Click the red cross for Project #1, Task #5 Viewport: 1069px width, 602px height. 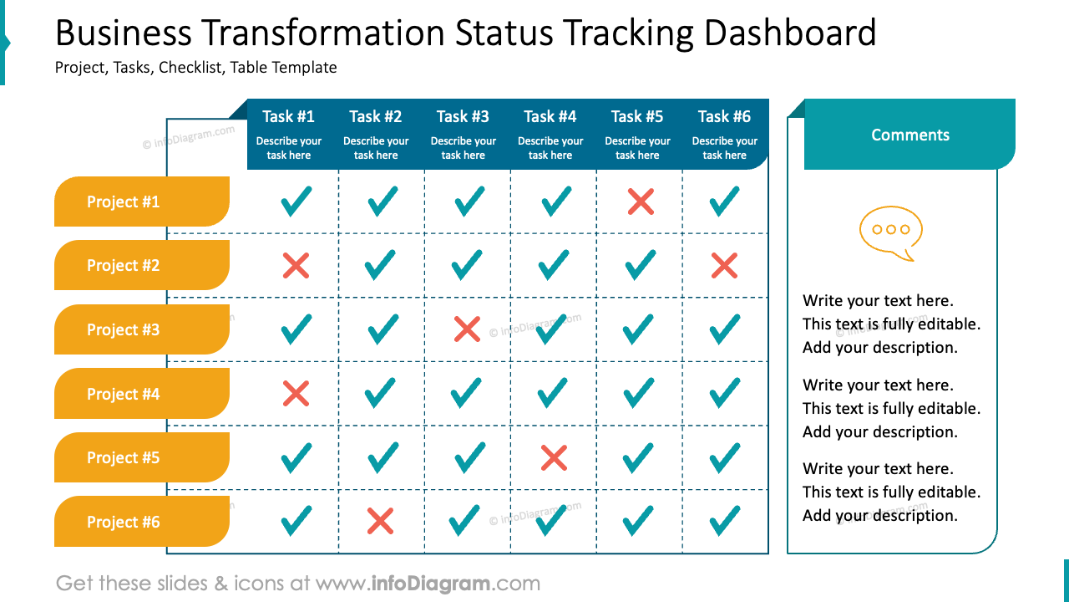(641, 202)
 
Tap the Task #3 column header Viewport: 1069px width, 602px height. (463, 134)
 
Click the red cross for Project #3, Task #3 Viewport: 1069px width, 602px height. (467, 329)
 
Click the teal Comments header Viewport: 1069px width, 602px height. (909, 135)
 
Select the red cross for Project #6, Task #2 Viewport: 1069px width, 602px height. (380, 521)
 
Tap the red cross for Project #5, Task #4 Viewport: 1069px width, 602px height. (554, 457)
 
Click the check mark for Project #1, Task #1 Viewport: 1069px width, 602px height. (296, 202)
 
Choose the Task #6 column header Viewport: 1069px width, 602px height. (724, 134)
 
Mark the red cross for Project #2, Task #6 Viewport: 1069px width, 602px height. (724, 266)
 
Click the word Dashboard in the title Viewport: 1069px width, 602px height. (790, 33)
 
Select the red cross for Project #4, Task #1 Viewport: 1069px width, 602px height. (296, 393)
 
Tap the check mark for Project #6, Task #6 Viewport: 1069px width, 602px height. (724, 520)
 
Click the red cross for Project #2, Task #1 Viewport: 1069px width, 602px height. (296, 266)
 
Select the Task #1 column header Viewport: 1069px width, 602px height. (288, 134)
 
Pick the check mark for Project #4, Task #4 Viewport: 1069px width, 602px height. (554, 392)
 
